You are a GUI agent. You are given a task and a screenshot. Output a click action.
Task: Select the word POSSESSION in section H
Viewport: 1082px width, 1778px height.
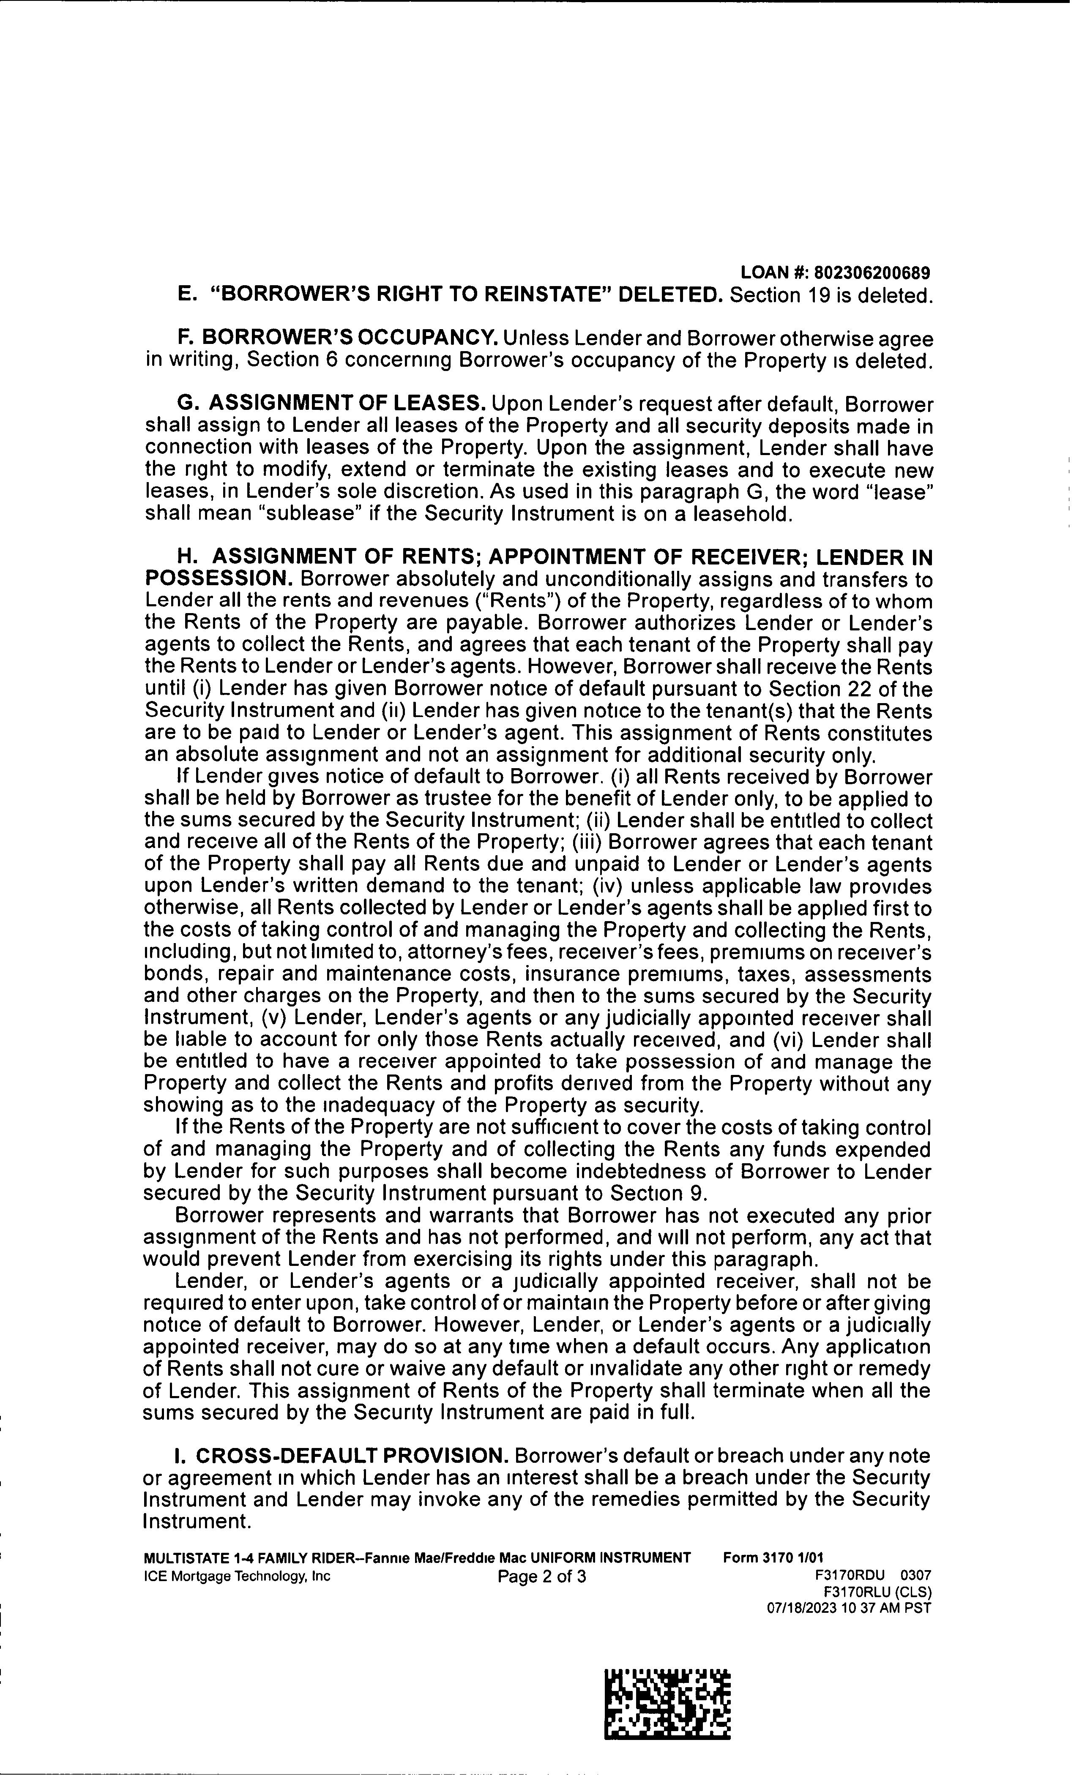pyautogui.click(x=218, y=579)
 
